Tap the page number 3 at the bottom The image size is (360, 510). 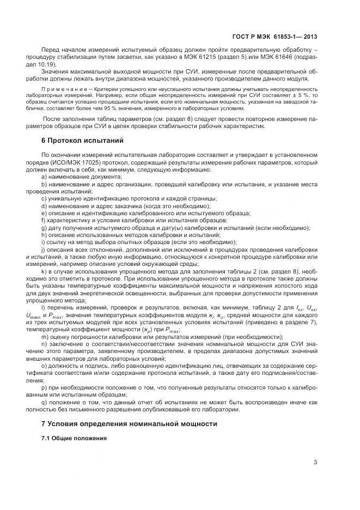[315, 464]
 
